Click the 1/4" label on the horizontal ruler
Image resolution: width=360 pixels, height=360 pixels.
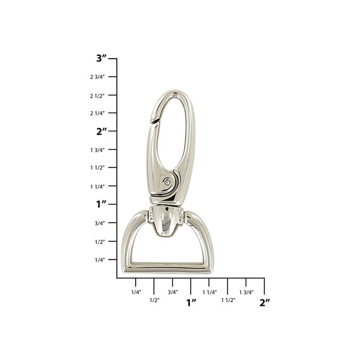(136, 292)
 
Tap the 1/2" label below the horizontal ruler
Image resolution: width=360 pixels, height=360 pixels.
(154, 300)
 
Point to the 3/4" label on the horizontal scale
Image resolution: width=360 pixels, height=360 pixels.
(173, 292)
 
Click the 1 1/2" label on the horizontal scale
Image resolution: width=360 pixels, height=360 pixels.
(228, 300)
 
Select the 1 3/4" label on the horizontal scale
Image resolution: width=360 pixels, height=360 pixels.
(246, 292)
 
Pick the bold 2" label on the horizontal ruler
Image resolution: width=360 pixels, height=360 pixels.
(265, 303)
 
